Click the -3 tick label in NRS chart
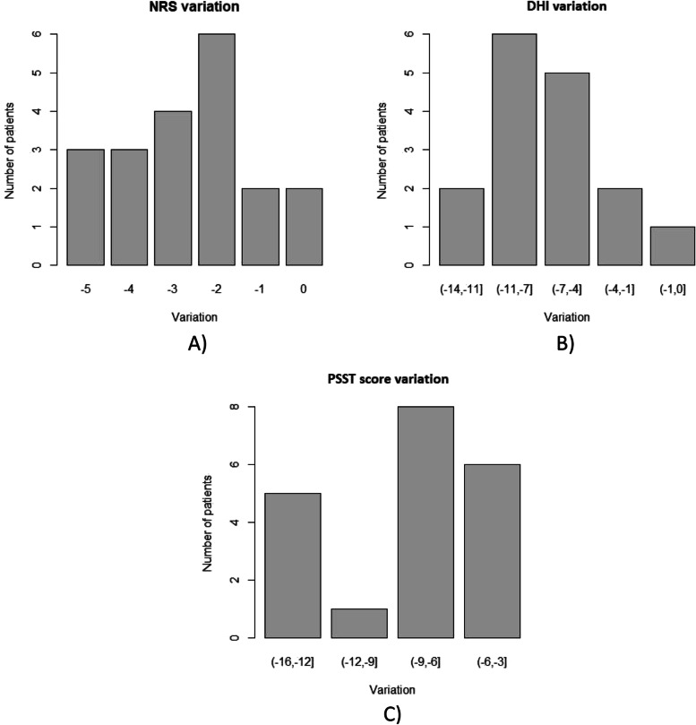point(172,289)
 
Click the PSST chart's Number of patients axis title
point(209,522)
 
